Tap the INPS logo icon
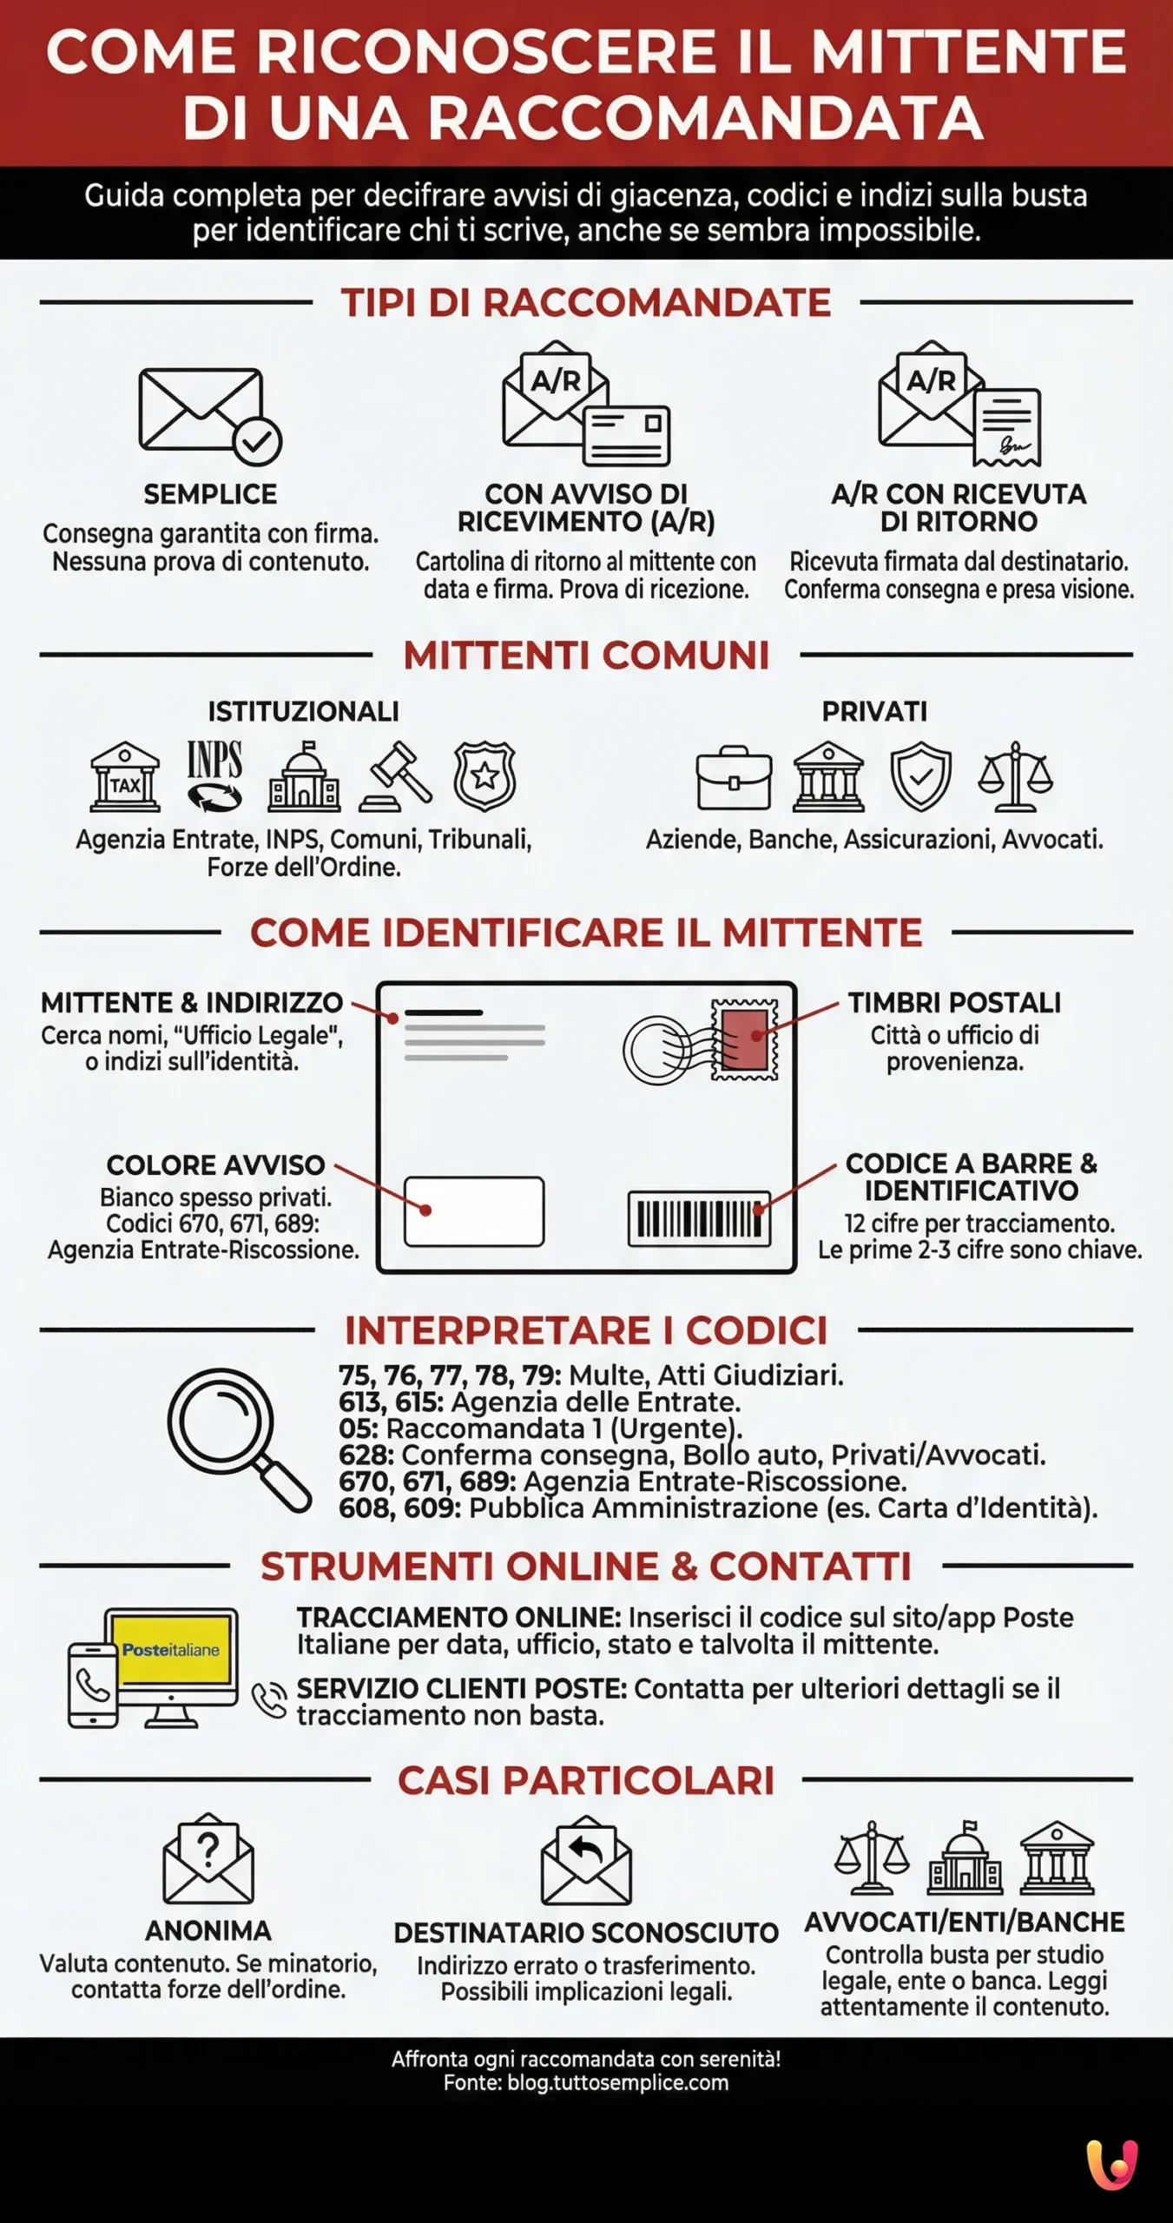coord(214,775)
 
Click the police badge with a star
coord(484,775)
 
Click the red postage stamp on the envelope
coord(744,1039)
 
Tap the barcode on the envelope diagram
coord(699,1218)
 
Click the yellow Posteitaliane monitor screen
coord(171,1650)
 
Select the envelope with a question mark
coord(208,1859)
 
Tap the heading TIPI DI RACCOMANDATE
coord(586,303)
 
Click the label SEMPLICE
coord(210,494)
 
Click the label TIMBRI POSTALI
coord(954,1003)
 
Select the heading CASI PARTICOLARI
coord(586,1781)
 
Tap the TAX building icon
coord(125,777)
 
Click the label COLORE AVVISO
coord(215,1164)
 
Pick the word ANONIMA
coord(208,1930)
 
